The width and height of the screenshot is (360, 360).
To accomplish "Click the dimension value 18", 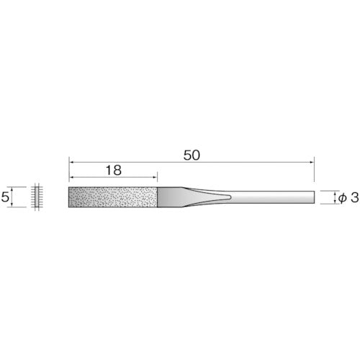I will tap(113, 171).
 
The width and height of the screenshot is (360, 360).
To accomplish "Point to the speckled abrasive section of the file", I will tap(113, 197).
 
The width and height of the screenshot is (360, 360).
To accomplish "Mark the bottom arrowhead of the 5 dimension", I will tap(18, 204).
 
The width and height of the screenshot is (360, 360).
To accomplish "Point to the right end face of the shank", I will tap(314, 197).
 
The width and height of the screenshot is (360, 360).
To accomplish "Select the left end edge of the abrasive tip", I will tap(69, 197).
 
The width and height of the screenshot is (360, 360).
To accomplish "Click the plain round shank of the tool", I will tap(274, 197).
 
